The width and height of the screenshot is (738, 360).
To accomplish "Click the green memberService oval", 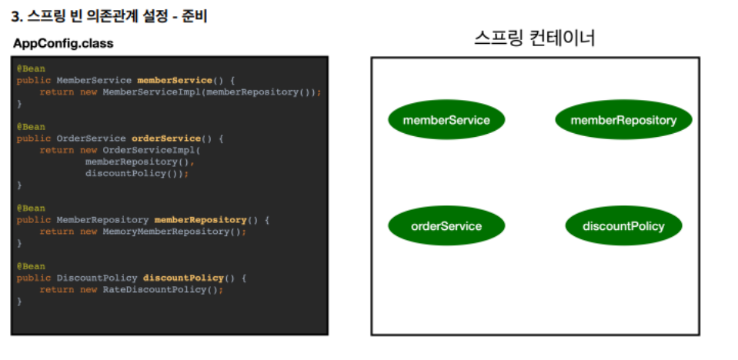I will click(446, 120).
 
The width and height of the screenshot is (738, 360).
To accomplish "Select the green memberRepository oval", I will click(623, 120).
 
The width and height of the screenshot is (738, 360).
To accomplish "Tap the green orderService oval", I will click(446, 226).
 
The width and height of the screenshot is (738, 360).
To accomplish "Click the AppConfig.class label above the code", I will click(63, 44).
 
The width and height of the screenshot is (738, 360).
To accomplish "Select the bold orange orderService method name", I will click(165, 138).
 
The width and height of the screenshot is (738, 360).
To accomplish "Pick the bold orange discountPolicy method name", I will click(183, 278).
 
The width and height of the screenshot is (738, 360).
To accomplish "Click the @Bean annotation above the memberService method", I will click(31, 68).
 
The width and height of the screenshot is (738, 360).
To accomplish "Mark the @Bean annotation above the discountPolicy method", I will click(31, 266).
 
